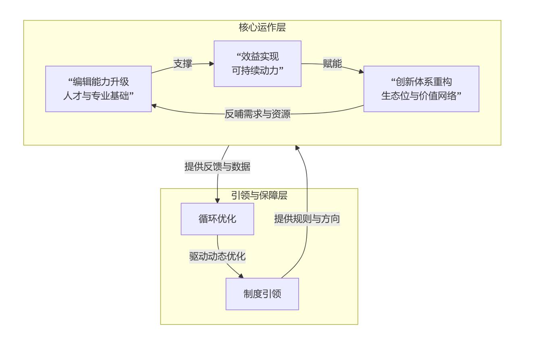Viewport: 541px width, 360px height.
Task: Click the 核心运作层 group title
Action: click(262, 27)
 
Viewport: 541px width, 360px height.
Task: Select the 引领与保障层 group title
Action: click(259, 196)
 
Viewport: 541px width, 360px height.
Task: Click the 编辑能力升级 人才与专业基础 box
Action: click(98, 89)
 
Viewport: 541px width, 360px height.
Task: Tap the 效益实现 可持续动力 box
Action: click(257, 63)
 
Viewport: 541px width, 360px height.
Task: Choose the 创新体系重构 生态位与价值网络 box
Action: click(421, 89)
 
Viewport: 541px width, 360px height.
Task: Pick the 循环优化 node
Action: click(217, 219)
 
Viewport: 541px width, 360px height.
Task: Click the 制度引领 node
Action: click(262, 294)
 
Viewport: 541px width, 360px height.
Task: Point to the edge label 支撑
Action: click(183, 64)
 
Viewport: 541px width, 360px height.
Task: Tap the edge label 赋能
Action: click(332, 64)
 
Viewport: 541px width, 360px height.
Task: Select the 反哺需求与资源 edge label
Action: click(257, 114)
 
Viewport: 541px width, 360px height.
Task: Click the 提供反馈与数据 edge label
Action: click(217, 166)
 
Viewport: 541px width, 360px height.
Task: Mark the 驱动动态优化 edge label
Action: click(217, 256)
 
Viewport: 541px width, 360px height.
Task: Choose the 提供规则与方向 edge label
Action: click(307, 219)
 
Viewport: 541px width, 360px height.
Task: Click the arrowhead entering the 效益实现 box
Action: click(211, 63)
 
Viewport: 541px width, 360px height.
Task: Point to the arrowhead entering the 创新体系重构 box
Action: click(361, 72)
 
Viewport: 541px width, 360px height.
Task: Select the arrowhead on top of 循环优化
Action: click(217, 200)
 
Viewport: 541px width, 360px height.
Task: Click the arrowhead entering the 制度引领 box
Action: click(241, 276)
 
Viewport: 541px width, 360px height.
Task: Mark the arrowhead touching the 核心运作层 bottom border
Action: click(297, 148)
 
